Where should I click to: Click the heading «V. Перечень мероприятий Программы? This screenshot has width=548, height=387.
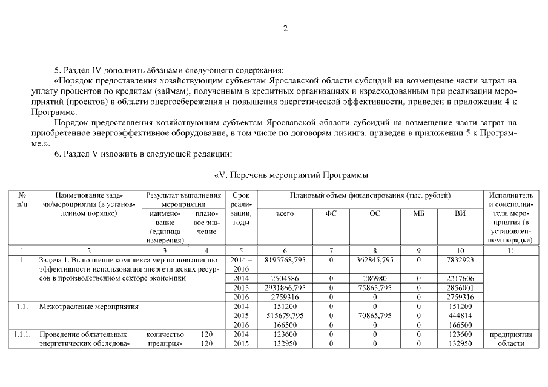(x=291, y=175)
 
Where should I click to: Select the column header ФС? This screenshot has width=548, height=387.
(x=331, y=213)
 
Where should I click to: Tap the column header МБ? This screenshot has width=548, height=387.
(x=418, y=213)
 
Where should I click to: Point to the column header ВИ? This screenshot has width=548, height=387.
(x=460, y=213)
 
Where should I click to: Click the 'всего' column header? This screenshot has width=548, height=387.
(x=285, y=213)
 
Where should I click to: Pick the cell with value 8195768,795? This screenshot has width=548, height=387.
(x=285, y=259)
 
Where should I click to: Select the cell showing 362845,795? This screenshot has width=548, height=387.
(x=375, y=259)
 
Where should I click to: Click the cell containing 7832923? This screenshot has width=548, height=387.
(x=460, y=259)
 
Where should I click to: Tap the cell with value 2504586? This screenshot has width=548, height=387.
(x=285, y=278)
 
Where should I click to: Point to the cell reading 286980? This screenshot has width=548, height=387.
(x=375, y=278)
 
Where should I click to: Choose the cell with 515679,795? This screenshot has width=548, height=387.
(x=285, y=316)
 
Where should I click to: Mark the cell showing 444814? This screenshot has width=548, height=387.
(x=460, y=316)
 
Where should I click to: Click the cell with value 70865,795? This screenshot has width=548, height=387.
(x=375, y=316)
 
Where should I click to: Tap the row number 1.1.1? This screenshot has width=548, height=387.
(x=22, y=334)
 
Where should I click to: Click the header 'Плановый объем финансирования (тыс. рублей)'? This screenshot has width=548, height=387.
(x=370, y=195)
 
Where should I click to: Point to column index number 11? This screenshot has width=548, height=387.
(x=510, y=250)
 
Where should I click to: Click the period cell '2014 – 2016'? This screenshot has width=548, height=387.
(x=241, y=264)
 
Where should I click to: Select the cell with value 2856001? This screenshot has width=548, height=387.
(x=460, y=288)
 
